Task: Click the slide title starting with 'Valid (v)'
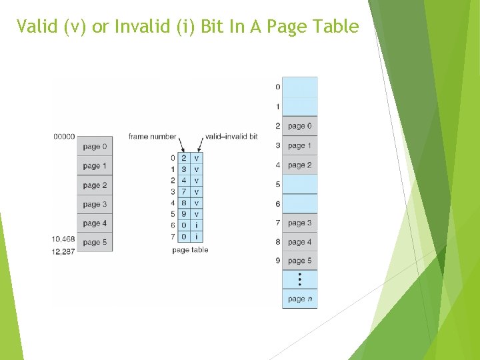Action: (187, 27)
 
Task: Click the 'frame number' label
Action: (152, 137)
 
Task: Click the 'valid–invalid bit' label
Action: (231, 137)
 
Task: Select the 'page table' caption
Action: (190, 250)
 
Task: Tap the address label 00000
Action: (64, 137)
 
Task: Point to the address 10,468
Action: (64, 239)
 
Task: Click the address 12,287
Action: (64, 252)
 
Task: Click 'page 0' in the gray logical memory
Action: (95, 147)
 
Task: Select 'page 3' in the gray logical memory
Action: (95, 205)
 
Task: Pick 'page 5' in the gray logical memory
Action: (95, 243)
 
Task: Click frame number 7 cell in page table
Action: (184, 192)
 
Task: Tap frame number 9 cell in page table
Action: (184, 214)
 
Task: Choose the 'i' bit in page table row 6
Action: (197, 225)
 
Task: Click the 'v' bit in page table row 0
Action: (197, 158)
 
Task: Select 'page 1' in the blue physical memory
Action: (299, 145)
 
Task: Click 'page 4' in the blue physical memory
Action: (299, 242)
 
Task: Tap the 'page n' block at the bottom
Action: (299, 299)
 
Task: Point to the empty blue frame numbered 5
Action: (299, 184)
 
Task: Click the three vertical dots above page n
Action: (299, 279)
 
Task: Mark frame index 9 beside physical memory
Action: (278, 261)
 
